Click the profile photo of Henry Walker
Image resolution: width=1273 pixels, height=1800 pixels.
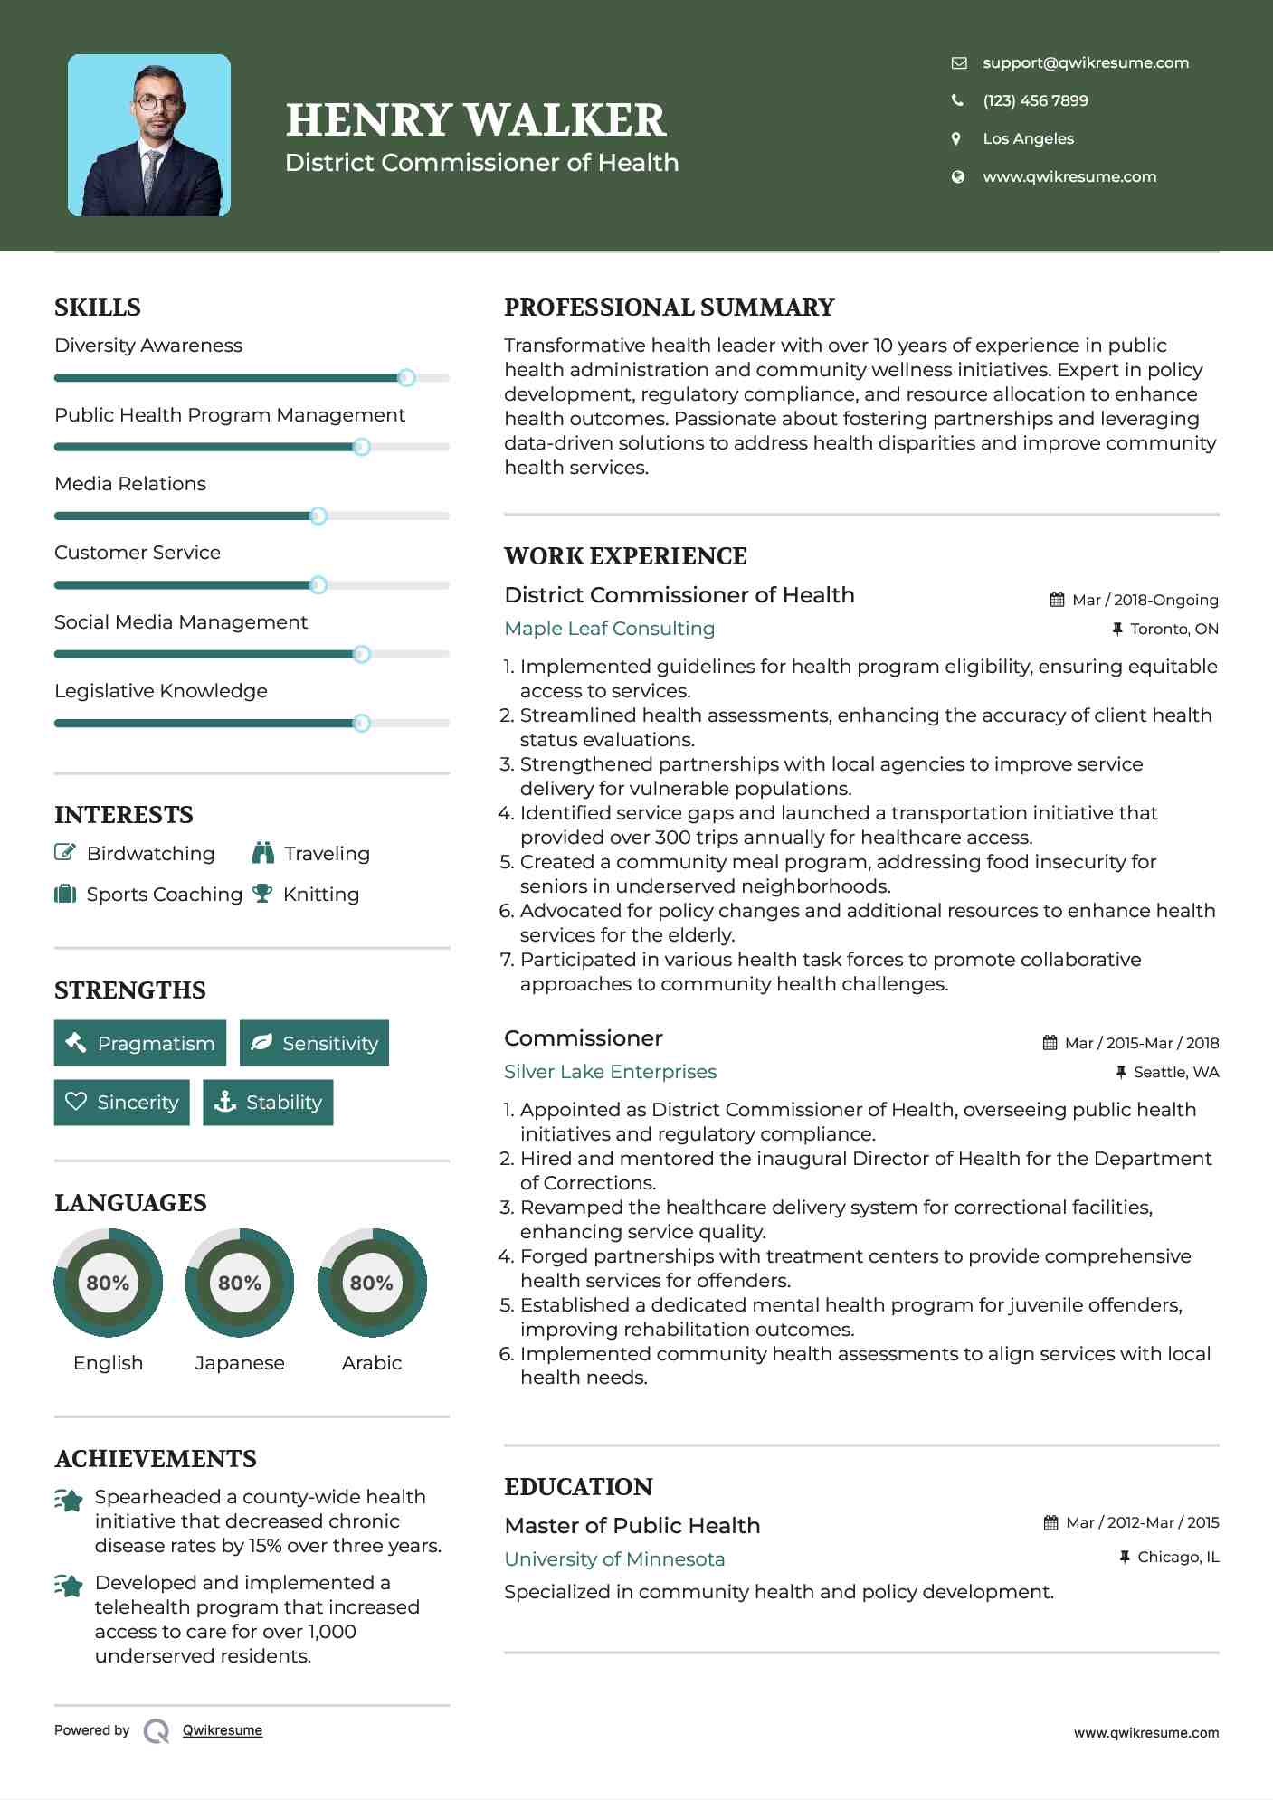tap(149, 136)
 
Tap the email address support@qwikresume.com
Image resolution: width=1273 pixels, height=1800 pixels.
tap(1085, 62)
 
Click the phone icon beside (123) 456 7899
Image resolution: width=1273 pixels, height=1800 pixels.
tap(957, 100)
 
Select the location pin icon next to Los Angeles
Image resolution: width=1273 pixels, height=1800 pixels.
tap(956, 138)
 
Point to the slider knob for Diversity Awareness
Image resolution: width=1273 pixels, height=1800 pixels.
tap(406, 378)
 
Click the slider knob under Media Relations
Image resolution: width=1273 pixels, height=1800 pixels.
tap(318, 516)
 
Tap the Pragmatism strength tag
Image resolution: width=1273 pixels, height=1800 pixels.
tap(140, 1043)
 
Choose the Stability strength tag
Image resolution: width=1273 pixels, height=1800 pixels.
tap(268, 1103)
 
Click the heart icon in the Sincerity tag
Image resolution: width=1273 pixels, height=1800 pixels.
tap(76, 1102)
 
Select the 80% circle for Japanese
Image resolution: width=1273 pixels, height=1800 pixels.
tap(240, 1283)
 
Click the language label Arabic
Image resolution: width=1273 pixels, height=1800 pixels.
tap(372, 1363)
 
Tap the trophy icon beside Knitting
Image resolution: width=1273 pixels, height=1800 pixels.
tap(262, 894)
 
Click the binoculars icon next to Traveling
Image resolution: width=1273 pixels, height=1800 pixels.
tap(263, 853)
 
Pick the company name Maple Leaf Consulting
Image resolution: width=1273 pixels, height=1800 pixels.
tap(609, 629)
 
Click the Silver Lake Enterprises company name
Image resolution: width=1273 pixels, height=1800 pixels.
tap(610, 1072)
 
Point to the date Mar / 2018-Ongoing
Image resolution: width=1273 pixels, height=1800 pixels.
tap(1145, 600)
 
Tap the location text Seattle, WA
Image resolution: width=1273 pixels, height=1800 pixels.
tap(1175, 1072)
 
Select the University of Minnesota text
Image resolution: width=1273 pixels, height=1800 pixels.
tap(614, 1559)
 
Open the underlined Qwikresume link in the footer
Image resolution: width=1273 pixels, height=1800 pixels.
tap(223, 1730)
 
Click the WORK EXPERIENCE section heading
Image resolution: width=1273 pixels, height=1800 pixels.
tap(625, 556)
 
